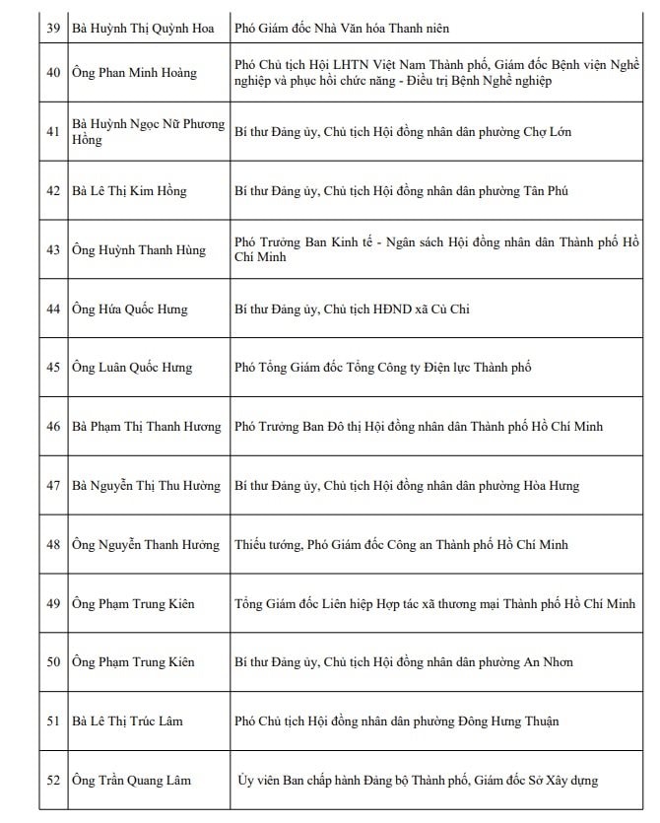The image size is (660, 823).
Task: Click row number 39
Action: [x=54, y=29]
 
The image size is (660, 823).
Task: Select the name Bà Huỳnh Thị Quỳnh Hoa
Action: [x=143, y=29]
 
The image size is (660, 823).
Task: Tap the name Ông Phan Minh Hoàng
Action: [x=134, y=73]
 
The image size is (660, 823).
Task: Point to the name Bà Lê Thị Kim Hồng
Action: [x=129, y=191]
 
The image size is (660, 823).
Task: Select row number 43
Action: [x=54, y=250]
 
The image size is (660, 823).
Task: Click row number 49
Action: [x=54, y=603]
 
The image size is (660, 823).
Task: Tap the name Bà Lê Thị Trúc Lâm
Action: [x=128, y=721]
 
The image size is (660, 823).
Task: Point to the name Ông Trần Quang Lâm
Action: [x=132, y=781]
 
